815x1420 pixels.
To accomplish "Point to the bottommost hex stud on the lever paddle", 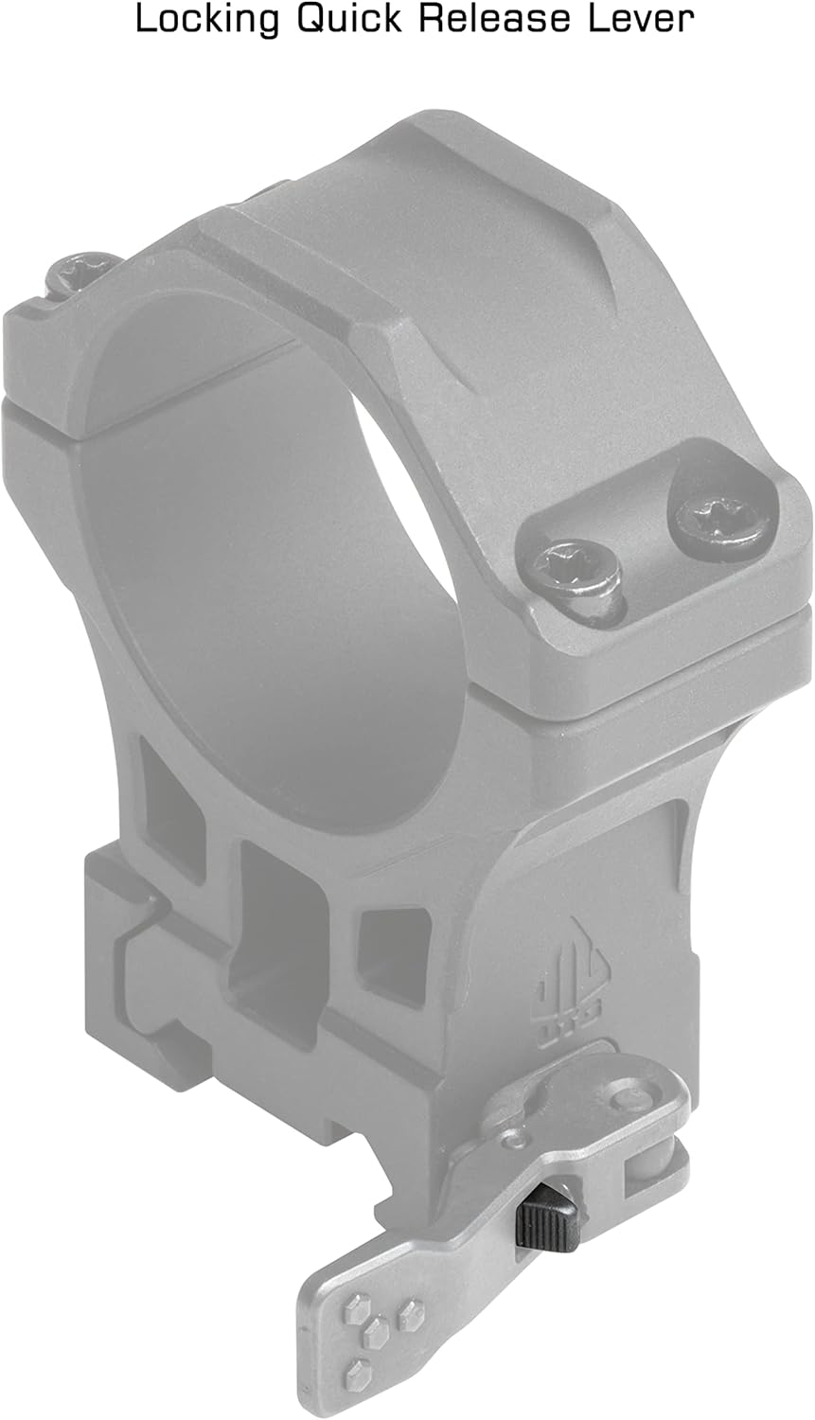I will (359, 1370).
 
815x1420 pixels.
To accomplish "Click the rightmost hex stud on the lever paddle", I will (411, 1314).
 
